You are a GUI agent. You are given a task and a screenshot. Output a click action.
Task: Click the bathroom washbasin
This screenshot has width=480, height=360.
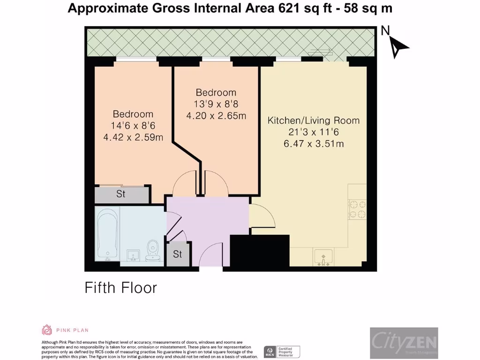pyautogui.click(x=134, y=255)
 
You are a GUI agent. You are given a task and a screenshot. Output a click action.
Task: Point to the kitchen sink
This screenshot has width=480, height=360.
pyautogui.click(x=323, y=257)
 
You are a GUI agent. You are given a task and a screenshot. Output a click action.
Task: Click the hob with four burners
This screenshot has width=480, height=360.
pyautogui.click(x=357, y=210)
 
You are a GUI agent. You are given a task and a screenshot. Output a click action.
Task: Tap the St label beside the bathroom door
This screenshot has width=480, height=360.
pyautogui.click(x=177, y=255)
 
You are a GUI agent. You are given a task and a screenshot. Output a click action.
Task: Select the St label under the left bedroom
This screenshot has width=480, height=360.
pyautogui.click(x=120, y=194)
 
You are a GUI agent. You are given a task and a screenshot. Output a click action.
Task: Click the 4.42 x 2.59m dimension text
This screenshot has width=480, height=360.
pyautogui.click(x=133, y=137)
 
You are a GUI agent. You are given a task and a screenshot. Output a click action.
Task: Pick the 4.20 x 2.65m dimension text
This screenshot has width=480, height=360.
pyautogui.click(x=216, y=116)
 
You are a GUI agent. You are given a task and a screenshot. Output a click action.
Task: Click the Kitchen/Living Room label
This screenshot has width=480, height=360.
pyautogui.click(x=314, y=120)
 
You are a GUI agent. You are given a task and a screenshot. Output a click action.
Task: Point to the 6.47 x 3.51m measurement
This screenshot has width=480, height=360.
pyautogui.click(x=314, y=144)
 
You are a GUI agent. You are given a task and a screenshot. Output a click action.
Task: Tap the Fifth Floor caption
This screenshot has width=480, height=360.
pyautogui.click(x=120, y=287)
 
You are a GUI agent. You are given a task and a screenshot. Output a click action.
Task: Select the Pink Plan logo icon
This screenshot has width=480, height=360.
pyautogui.click(x=47, y=330)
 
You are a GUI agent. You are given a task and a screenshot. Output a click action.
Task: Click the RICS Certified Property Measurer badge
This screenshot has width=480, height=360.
pyautogui.click(x=282, y=352)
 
